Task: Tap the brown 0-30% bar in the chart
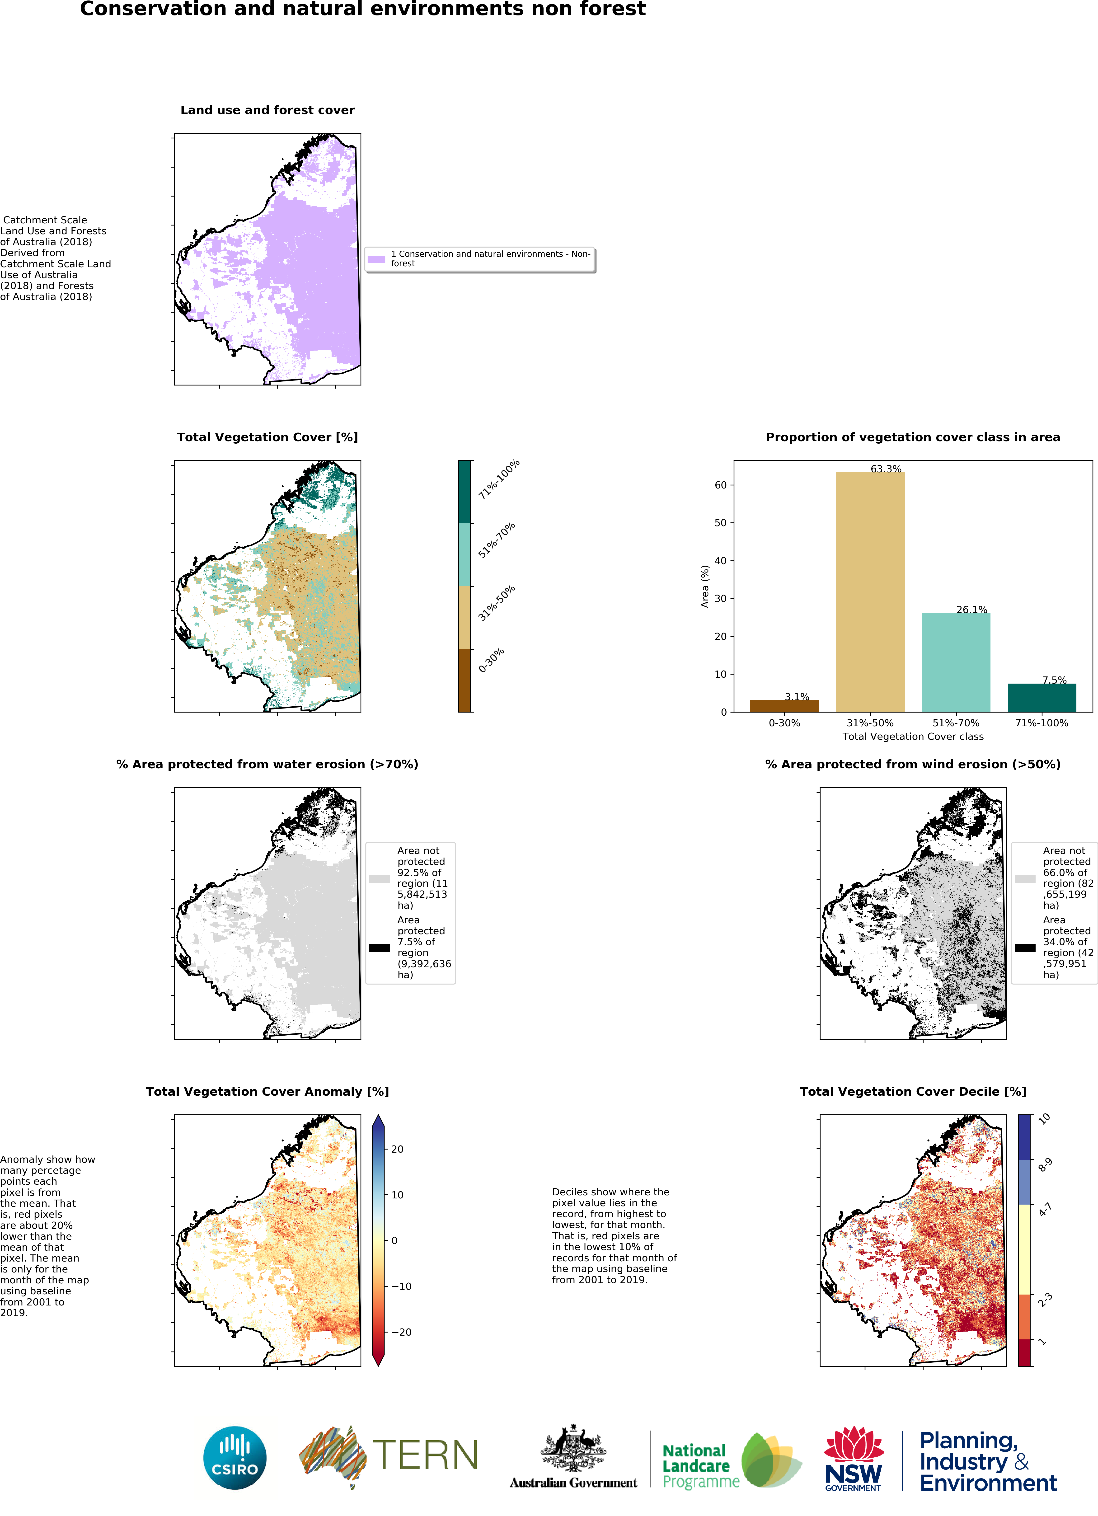tap(784, 706)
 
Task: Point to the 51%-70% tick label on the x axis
tap(956, 723)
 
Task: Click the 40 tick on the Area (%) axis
tap(720, 561)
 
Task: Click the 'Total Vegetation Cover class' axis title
tap(913, 737)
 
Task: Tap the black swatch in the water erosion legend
tap(380, 948)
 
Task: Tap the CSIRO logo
tap(235, 1458)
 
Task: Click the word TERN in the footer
tap(425, 1455)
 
